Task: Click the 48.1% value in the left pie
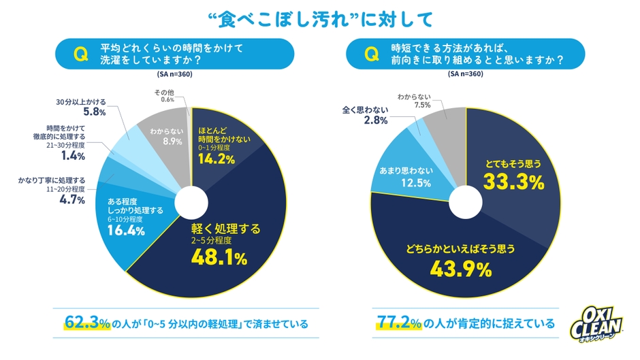(x=218, y=257)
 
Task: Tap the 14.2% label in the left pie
(x=217, y=159)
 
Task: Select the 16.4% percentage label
(x=127, y=231)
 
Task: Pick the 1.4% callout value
(x=72, y=156)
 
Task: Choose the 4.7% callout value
(x=72, y=199)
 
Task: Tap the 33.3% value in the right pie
(x=513, y=182)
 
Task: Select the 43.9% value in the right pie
(x=461, y=269)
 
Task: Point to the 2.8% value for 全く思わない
(x=376, y=120)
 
